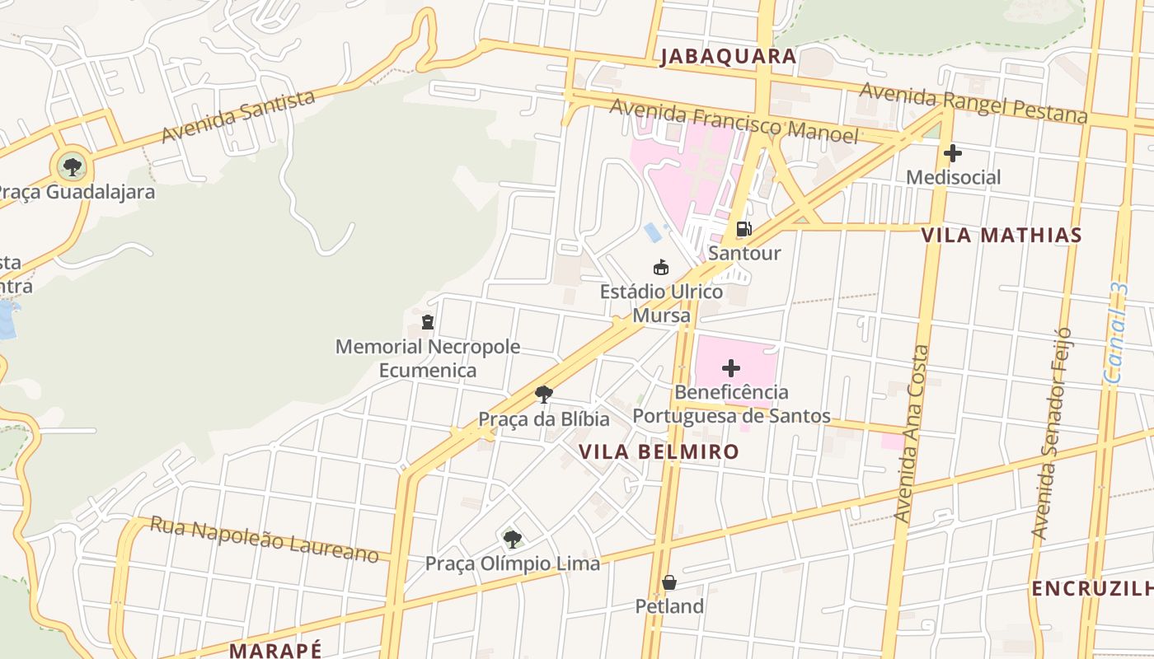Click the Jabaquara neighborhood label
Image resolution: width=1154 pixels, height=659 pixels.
point(728,56)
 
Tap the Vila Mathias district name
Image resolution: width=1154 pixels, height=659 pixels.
point(1001,235)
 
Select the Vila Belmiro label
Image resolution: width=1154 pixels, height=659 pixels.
point(659,451)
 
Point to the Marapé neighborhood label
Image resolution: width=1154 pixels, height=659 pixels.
point(275,650)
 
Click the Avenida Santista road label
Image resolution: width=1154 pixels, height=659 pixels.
point(238,116)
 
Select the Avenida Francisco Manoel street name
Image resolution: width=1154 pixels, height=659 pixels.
point(734,120)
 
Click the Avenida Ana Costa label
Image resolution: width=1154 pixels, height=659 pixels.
point(912,433)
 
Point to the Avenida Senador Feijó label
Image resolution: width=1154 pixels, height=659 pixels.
point(1051,433)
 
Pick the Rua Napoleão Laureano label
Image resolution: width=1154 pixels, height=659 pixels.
point(264,539)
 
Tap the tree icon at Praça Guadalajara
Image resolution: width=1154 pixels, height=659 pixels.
point(73,167)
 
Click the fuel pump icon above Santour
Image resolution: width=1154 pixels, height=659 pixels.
point(744,228)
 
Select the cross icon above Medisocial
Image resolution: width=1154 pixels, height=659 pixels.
point(953,153)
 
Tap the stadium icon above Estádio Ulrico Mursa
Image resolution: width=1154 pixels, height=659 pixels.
point(660,267)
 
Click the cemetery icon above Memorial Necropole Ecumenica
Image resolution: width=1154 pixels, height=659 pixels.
point(428,321)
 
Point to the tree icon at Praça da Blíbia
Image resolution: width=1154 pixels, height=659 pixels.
point(543,395)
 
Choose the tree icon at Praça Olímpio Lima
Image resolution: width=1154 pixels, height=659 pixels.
point(512,540)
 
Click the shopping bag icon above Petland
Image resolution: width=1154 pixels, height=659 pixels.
point(668,582)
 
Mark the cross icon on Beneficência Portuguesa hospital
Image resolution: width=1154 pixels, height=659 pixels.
point(731,367)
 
